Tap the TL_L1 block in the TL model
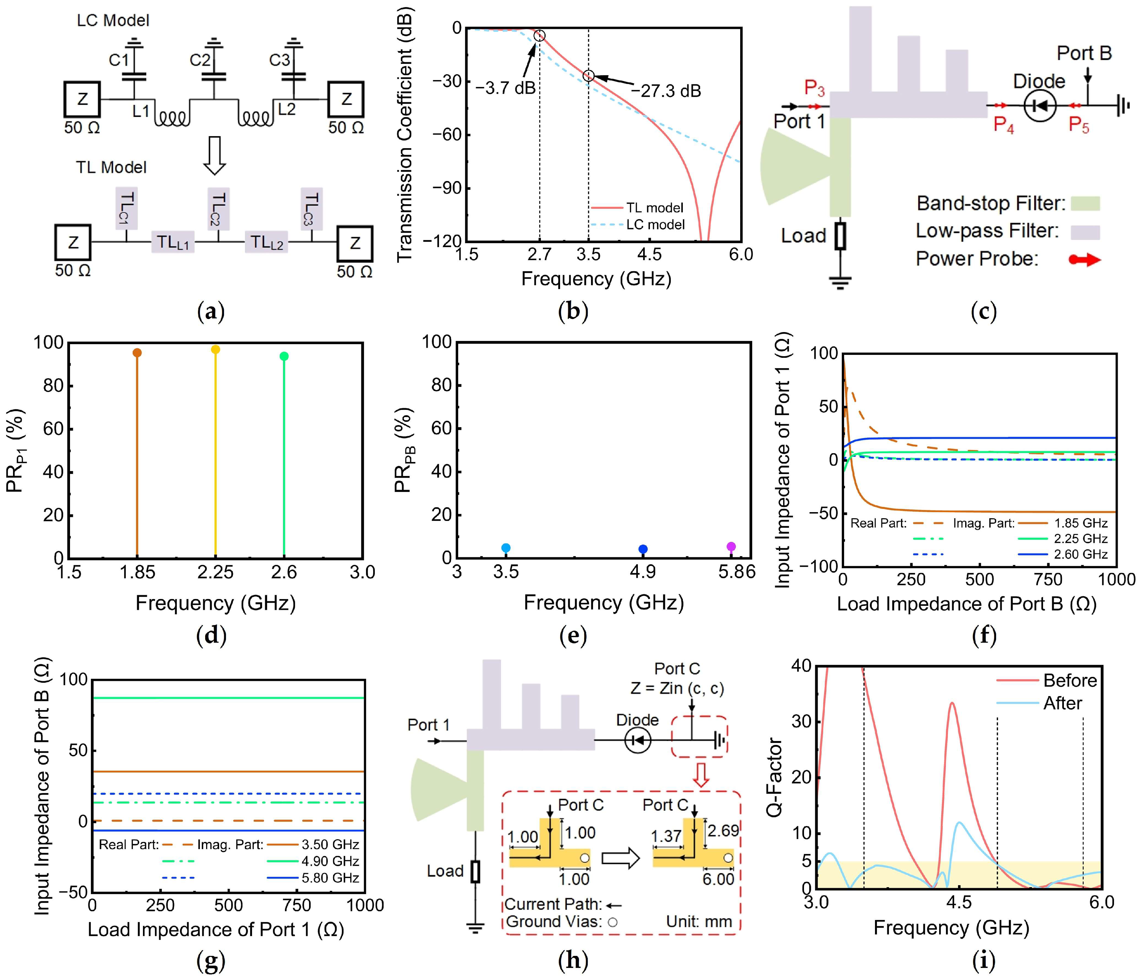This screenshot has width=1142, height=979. (173, 242)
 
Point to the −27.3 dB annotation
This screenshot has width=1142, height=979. (666, 91)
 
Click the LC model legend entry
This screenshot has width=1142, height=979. (655, 224)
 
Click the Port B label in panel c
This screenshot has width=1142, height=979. (1084, 53)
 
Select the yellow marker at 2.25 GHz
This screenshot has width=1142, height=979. (216, 349)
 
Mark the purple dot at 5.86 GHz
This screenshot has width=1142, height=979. (731, 547)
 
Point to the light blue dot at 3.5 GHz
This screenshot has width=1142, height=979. (506, 548)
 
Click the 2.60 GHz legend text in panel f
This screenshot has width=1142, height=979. (1080, 554)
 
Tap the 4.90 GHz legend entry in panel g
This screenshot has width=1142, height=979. (330, 861)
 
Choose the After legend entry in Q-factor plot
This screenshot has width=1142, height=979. (1062, 704)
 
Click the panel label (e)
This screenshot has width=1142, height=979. (573, 636)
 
